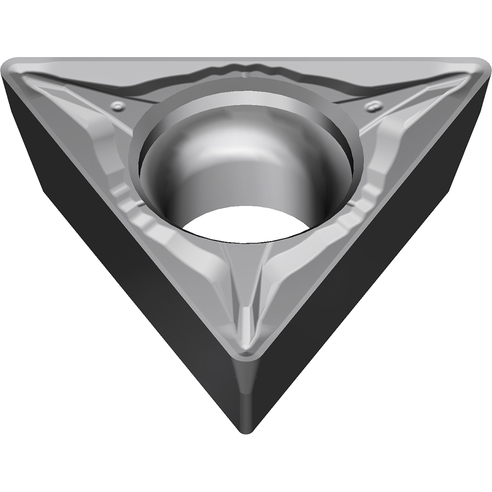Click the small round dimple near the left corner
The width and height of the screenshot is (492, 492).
tap(117, 105)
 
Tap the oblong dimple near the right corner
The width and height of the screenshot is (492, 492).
tap(373, 105)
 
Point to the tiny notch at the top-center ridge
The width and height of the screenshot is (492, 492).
tap(245, 74)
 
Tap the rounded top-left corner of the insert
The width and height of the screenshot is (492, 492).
tap(15, 69)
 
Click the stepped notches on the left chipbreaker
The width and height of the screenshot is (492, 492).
tap(125, 197)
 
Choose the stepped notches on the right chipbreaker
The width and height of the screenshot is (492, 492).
tap(367, 197)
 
